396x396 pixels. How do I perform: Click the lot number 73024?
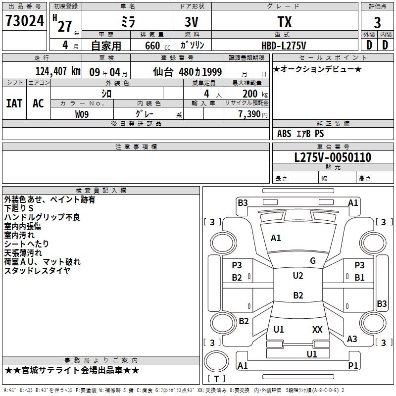[x=25, y=21]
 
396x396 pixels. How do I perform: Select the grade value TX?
[x=285, y=22]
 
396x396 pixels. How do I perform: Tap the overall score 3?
[x=377, y=22]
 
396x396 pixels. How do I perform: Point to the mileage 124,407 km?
[x=58, y=71]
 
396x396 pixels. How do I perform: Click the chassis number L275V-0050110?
[x=333, y=157]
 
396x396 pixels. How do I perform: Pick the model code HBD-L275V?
[x=284, y=46]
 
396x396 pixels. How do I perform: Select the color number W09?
[x=82, y=114]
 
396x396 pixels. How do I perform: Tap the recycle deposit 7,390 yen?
[x=253, y=114]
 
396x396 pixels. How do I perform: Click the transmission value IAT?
[x=14, y=103]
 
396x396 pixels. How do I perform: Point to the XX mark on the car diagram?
[x=317, y=329]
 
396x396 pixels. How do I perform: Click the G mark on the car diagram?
[x=313, y=261]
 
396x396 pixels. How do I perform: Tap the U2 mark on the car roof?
[x=298, y=276]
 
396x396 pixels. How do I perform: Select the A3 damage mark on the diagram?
[x=352, y=339]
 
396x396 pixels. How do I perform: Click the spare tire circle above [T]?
[x=216, y=361]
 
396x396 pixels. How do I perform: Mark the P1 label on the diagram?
[x=353, y=365]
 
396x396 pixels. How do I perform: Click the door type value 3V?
[x=192, y=22]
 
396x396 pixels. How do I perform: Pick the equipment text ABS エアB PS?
[x=300, y=133]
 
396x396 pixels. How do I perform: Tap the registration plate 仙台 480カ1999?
[x=188, y=72]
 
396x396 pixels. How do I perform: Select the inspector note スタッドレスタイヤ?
[x=37, y=270]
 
